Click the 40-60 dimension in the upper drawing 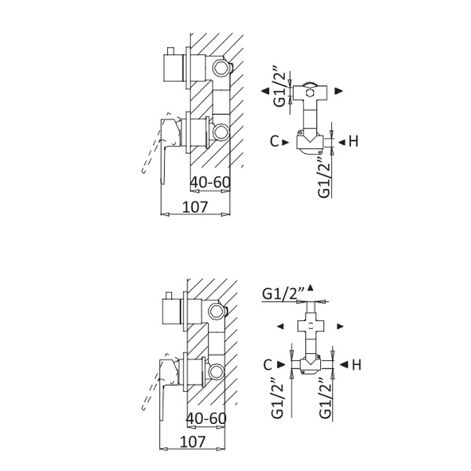(210, 183)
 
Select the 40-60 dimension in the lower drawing (206, 418)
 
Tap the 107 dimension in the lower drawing (192, 440)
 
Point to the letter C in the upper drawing (274, 141)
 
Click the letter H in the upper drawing (353, 141)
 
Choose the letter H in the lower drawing (356, 365)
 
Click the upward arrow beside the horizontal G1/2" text (310, 286)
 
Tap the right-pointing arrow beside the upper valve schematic (339, 91)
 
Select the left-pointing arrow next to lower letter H (342, 365)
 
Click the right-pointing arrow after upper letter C (286, 141)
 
